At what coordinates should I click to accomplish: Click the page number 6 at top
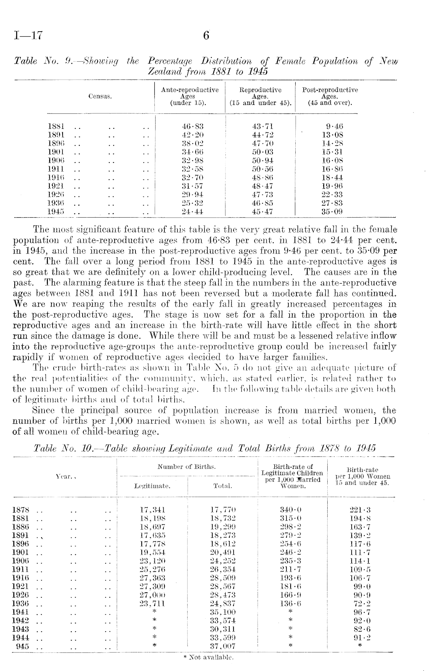click(x=206, y=36)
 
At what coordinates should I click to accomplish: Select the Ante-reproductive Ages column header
click(x=190, y=96)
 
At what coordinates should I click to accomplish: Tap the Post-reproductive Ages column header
click(x=330, y=96)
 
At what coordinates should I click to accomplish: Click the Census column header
click(x=100, y=96)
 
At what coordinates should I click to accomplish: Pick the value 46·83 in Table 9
click(x=192, y=126)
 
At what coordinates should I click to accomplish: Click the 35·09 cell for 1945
click(x=332, y=211)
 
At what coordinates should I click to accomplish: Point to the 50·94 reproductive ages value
click(x=262, y=161)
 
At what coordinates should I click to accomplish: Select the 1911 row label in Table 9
click(x=56, y=169)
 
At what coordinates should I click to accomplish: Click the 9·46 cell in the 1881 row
click(x=334, y=126)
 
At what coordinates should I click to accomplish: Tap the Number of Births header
click(x=186, y=467)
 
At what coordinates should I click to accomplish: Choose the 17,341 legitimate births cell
click(x=152, y=510)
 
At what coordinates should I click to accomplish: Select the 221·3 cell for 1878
click(x=360, y=510)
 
